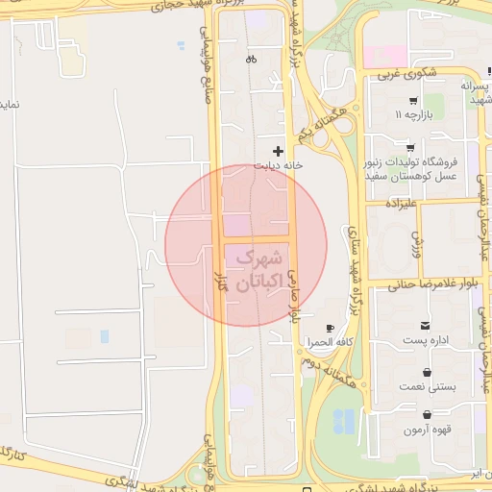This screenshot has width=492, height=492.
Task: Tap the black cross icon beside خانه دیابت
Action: click(279, 151)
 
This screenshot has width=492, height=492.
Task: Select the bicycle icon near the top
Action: click(251, 59)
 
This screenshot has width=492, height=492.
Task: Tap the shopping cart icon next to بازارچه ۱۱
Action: click(413, 101)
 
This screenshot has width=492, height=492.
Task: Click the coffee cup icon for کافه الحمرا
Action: click(331, 329)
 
